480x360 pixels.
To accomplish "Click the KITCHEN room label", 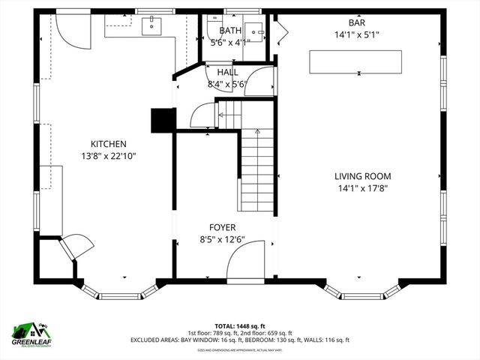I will click(108, 144).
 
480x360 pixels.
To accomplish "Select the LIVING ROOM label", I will click(362, 176).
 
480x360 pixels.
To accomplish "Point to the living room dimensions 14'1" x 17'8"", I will click(362, 188).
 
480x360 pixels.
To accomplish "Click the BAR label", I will click(355, 23).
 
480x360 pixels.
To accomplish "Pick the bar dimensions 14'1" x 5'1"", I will click(355, 34).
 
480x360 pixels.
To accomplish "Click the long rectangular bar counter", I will click(355, 61).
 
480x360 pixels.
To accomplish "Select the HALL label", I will click(228, 72).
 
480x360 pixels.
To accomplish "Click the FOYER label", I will click(222, 227).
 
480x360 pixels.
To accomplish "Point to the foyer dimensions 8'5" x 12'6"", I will click(222, 240).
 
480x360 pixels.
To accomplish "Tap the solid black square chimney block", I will click(163, 121).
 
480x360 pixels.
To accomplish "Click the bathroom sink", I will click(255, 31).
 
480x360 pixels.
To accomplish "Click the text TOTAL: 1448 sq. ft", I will click(239, 326).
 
